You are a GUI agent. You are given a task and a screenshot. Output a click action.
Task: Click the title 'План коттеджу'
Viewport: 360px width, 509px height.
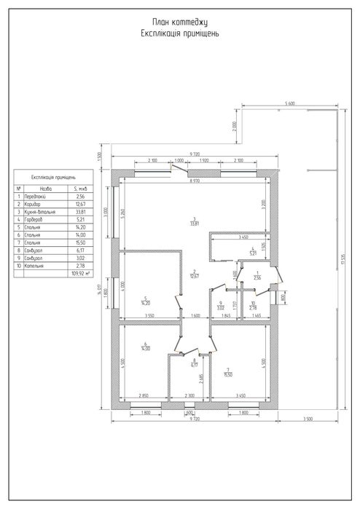pyautogui.click(x=180, y=24)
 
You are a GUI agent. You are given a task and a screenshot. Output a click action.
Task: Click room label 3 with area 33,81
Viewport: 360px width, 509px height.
pyautogui.click(x=195, y=221)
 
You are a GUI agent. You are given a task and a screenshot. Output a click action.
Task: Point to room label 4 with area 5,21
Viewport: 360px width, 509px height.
pyautogui.click(x=251, y=253)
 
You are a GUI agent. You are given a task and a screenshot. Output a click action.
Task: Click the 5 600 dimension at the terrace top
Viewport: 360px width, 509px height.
pyautogui.click(x=289, y=103)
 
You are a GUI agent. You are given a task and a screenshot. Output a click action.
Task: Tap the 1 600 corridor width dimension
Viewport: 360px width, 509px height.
pyautogui.click(x=195, y=315)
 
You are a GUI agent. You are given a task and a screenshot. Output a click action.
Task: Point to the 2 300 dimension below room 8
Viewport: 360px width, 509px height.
pyautogui.click(x=189, y=395)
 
